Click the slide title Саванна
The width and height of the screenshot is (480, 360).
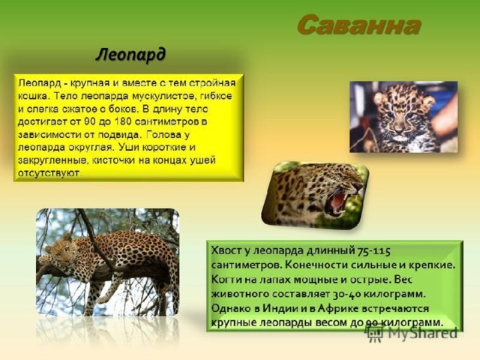tap(358, 25)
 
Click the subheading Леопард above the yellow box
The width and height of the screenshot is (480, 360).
tap(130, 55)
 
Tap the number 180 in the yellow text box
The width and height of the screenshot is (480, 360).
tap(123, 121)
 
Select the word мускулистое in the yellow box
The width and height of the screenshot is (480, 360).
tap(163, 96)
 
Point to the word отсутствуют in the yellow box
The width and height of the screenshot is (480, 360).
tap(49, 173)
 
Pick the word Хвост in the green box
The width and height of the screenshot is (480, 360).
tap(226, 250)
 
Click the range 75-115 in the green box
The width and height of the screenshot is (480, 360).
tap(373, 251)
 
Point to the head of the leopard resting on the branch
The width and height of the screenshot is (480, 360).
tap(60, 250)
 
